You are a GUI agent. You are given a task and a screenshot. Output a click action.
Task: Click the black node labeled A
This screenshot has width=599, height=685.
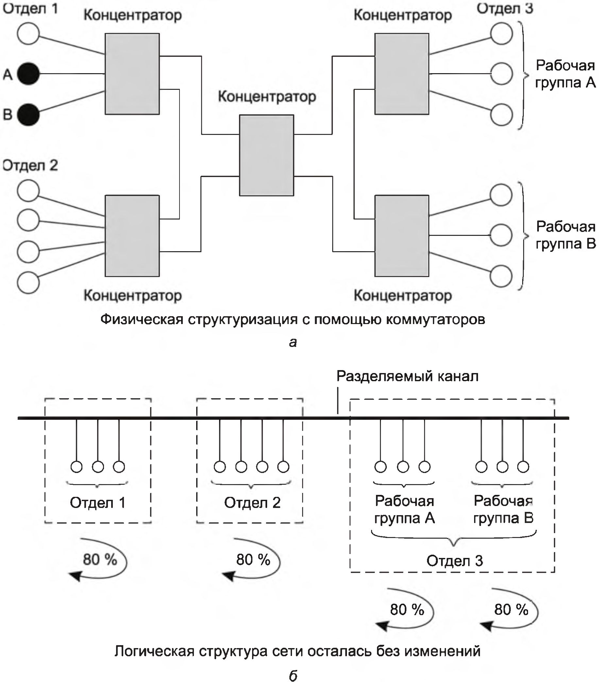tap(28, 73)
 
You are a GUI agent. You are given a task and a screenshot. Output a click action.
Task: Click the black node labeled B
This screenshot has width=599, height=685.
tap(28, 115)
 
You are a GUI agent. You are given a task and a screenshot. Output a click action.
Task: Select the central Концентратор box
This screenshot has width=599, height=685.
tap(266, 155)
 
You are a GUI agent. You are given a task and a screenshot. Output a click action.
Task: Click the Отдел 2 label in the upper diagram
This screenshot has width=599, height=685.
tap(30, 165)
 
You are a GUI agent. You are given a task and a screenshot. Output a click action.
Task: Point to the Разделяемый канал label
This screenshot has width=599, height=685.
tap(407, 376)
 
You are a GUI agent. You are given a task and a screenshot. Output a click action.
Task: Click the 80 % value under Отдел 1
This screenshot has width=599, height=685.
tap(100, 560)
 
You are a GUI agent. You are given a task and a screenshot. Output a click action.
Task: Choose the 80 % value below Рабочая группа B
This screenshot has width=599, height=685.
tap(511, 610)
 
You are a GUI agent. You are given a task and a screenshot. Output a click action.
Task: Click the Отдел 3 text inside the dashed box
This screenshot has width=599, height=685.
tap(454, 561)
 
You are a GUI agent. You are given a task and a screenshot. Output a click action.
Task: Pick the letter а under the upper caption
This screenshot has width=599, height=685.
tap(293, 342)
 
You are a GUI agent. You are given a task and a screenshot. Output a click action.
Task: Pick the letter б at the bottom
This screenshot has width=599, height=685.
tap(293, 676)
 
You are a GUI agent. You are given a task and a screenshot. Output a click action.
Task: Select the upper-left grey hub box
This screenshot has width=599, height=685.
tap(132, 74)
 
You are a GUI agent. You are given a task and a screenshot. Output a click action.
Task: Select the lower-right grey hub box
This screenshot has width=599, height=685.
tap(402, 236)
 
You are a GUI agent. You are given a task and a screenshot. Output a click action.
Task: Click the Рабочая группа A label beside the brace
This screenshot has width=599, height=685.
tap(565, 74)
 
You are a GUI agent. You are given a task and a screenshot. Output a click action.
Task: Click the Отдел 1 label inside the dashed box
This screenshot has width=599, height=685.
tap(98, 503)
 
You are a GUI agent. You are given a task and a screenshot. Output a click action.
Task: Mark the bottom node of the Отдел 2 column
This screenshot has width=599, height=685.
tap(28, 283)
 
